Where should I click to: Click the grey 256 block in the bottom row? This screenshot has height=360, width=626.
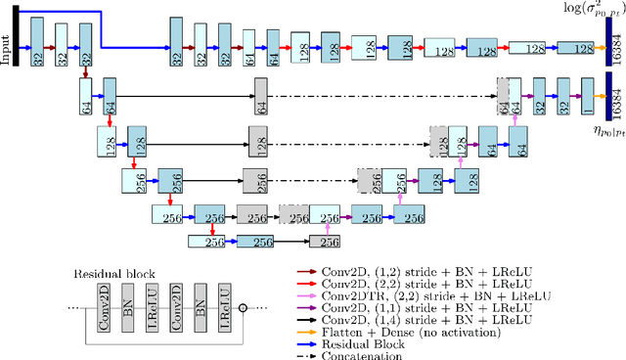pos(331,241)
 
